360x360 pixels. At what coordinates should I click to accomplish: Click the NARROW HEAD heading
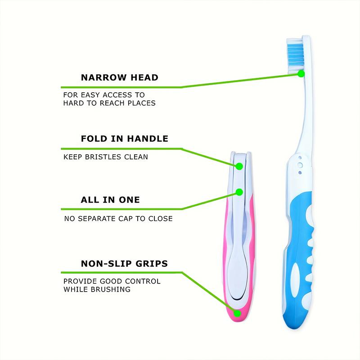pyautogui.click(x=119, y=77)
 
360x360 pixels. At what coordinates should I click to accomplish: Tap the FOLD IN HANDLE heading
pyautogui.click(x=124, y=139)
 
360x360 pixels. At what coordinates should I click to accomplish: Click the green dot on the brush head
pyautogui.click(x=301, y=73)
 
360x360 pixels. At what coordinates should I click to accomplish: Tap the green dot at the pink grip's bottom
pyautogui.click(x=237, y=313)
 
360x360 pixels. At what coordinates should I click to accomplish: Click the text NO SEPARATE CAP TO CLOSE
pyautogui.click(x=118, y=219)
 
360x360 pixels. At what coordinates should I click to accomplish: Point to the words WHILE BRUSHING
pyautogui.click(x=97, y=289)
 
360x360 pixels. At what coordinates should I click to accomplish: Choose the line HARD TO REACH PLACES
pyautogui.click(x=109, y=103)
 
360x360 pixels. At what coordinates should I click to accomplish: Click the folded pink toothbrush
pyautogui.click(x=238, y=238)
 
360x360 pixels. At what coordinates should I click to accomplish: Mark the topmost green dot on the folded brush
pyautogui.click(x=239, y=166)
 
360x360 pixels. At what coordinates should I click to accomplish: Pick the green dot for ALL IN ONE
pyautogui.click(x=239, y=192)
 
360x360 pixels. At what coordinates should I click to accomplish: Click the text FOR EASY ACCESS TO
pyautogui.click(x=104, y=95)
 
